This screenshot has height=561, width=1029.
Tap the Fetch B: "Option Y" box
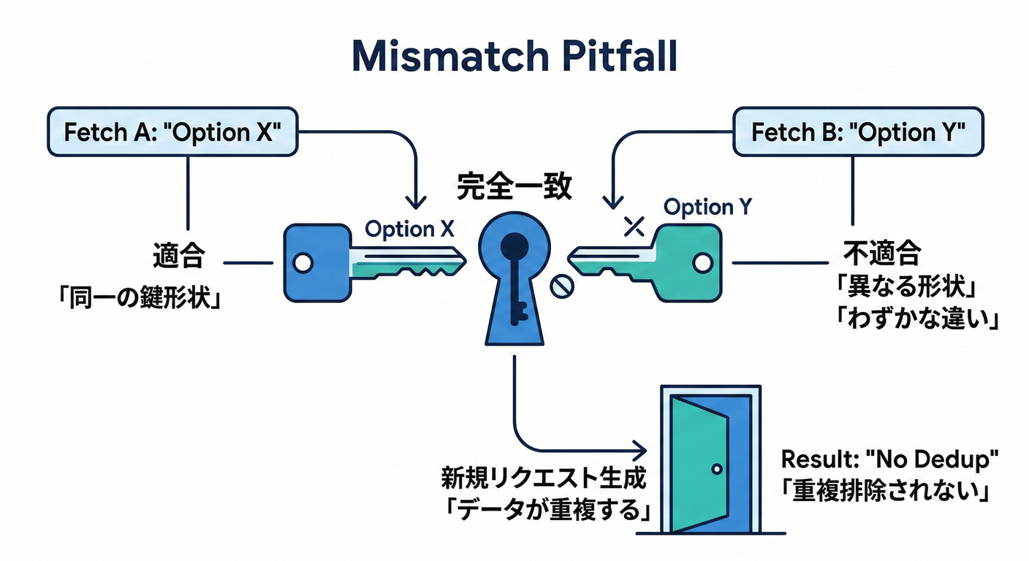coord(858,132)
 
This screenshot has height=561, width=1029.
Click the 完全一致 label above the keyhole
coord(514,188)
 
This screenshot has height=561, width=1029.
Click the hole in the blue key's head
coord(303,262)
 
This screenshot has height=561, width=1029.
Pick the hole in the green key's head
coord(702,262)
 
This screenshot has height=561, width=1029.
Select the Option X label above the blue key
coord(409,229)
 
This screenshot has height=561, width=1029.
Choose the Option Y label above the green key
coord(707,207)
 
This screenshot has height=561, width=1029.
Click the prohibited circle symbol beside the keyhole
coord(561,287)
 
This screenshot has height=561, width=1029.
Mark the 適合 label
coord(178,257)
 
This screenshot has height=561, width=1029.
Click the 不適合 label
coord(882,253)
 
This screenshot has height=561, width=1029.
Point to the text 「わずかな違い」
coord(916,319)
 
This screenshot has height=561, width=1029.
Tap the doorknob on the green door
coord(716,468)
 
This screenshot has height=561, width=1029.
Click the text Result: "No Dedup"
coord(889,459)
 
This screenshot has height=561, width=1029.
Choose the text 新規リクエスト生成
coord(544,479)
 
